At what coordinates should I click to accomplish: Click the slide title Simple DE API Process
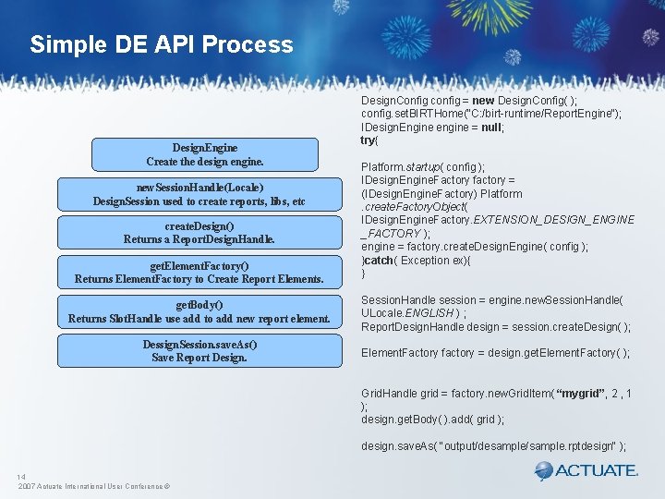click(161, 44)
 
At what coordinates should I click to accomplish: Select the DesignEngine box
click(205, 154)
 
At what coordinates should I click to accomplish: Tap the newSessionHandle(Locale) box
click(199, 194)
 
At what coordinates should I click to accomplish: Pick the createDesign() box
click(199, 233)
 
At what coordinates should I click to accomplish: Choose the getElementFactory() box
click(199, 272)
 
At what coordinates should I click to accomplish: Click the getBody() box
click(199, 311)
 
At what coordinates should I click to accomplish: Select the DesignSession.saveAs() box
click(199, 350)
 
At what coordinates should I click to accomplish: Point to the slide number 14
click(21, 477)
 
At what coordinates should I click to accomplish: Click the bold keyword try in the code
click(369, 140)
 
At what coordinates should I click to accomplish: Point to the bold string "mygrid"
click(558, 394)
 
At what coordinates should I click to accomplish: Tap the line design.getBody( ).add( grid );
click(432, 420)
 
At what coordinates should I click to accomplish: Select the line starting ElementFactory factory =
click(495, 353)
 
